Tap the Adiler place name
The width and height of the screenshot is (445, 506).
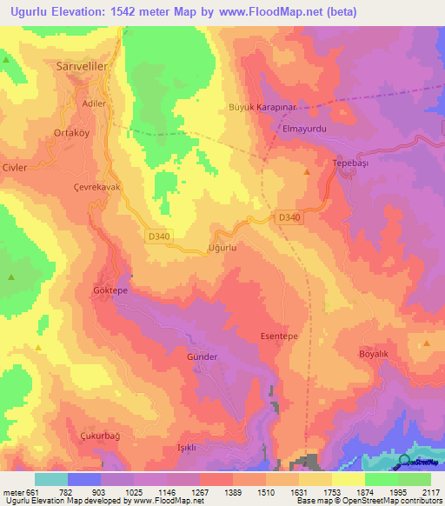tap(92, 103)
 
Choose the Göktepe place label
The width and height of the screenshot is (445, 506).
tap(110, 291)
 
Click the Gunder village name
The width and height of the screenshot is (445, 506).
tap(202, 356)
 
